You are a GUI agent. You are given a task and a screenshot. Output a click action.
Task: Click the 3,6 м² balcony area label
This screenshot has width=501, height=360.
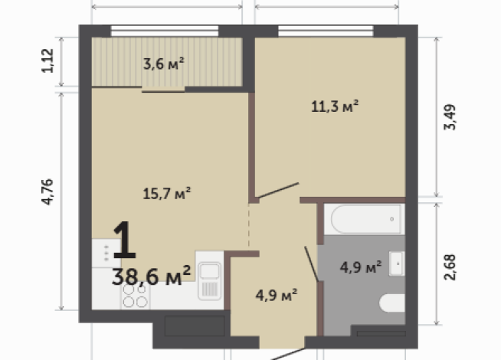[163, 64]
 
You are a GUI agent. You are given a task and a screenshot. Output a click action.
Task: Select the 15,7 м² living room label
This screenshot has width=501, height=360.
[166, 193]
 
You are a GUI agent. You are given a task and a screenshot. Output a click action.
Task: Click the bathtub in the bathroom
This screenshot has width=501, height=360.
[363, 219]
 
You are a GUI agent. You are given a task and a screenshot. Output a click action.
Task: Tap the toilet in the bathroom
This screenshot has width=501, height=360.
[393, 303]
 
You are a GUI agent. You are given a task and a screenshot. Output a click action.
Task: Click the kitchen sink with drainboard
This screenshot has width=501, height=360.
[208, 280]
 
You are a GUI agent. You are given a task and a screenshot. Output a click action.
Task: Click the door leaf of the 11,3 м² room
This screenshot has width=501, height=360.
[277, 191]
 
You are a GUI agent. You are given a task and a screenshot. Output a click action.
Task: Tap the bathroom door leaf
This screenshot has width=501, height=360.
[312, 263]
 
